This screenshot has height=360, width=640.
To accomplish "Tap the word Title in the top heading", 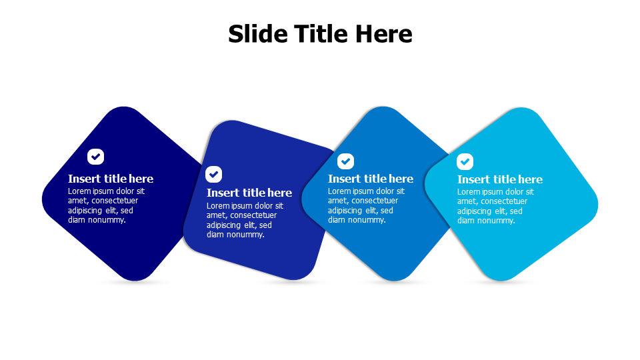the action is pos(321,33).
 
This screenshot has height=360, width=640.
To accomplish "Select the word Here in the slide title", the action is pos(384,33).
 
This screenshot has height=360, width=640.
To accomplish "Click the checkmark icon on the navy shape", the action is pos(95,156).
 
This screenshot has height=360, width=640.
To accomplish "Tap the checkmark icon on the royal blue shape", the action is pos(213,174).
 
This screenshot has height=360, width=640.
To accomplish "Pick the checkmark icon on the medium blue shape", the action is pos(345,161).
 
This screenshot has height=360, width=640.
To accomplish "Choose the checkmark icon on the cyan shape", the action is pos(465,161).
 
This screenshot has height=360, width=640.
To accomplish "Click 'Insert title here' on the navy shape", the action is pos(111,179).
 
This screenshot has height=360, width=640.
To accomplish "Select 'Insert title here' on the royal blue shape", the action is pos(249,193).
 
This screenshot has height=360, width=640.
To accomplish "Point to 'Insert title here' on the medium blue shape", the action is pos(371,179).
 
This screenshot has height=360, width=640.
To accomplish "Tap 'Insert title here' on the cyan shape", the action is pos(499,179).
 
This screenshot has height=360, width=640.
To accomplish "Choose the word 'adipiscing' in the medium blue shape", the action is pos(345,211).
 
